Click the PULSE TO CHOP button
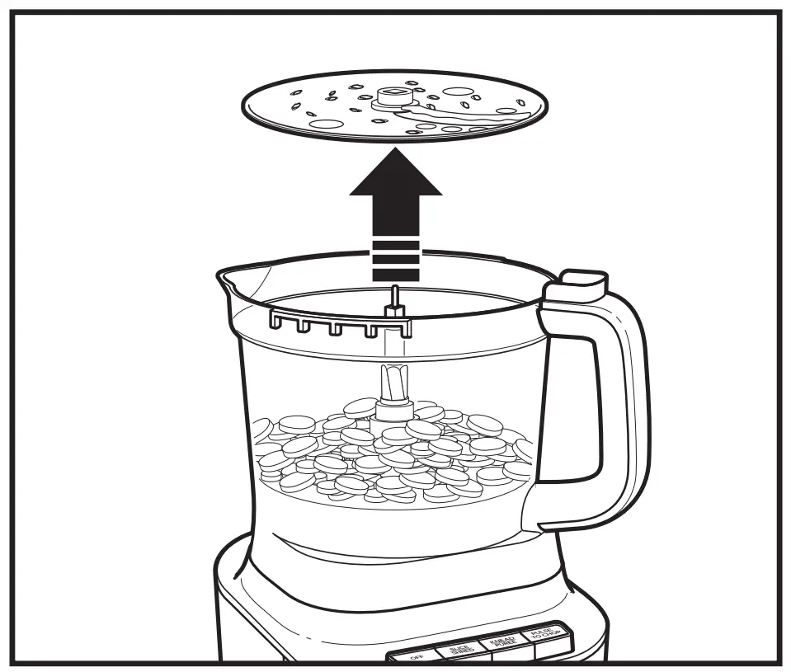(x=545, y=635)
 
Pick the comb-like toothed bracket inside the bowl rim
(x=338, y=322)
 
